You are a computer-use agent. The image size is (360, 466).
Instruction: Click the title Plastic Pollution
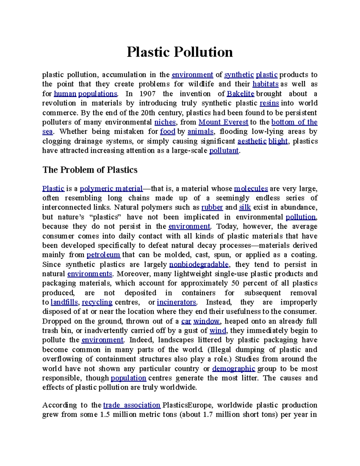180,52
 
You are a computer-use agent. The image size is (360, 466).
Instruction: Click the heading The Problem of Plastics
90,170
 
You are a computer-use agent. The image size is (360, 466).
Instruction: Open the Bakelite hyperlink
240,94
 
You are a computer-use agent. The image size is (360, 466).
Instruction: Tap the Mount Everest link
223,122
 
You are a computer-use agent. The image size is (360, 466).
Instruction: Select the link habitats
265,84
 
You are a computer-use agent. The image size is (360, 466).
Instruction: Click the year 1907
147,94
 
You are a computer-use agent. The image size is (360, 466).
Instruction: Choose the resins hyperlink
269,103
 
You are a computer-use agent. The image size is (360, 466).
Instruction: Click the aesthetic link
252,141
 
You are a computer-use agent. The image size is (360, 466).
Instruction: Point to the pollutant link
224,151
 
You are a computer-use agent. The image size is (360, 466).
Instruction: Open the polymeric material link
111,189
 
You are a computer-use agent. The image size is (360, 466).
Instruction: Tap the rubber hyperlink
212,207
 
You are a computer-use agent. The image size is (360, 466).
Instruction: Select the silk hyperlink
245,207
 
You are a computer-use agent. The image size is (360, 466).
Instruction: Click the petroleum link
103,255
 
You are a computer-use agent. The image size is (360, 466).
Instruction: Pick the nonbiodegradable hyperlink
199,264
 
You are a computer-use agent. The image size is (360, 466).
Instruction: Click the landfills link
64,302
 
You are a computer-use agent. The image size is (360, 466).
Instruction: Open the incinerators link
176,302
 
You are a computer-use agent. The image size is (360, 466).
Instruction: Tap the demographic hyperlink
233,368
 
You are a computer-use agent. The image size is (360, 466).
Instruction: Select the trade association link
132,405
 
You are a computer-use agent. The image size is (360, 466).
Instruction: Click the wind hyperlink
217,331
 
